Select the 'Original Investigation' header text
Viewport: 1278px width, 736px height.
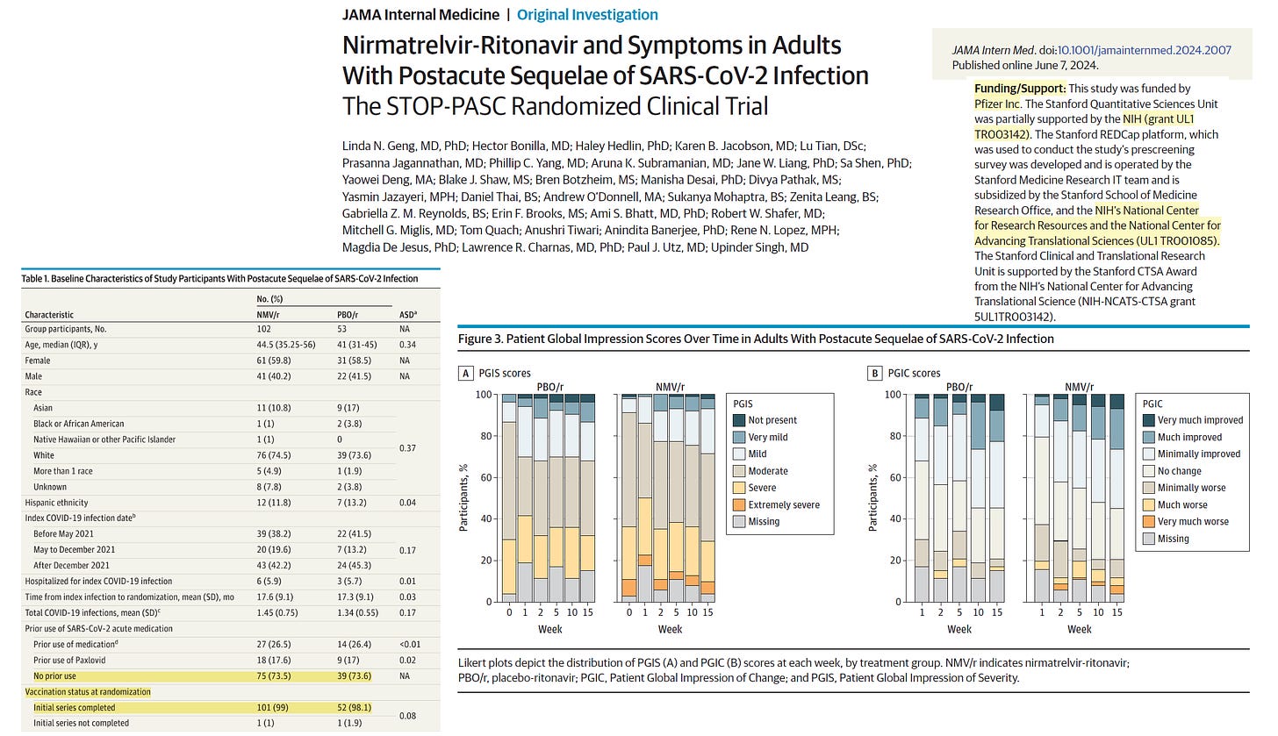587,15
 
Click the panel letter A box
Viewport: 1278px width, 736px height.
467,373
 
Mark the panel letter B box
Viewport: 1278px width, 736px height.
874,373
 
